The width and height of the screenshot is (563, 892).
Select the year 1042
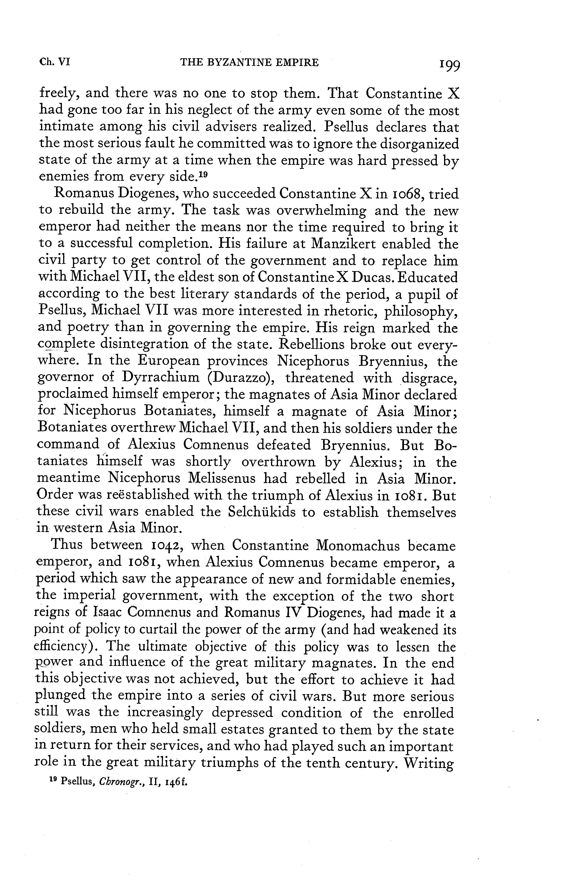point(161,546)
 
